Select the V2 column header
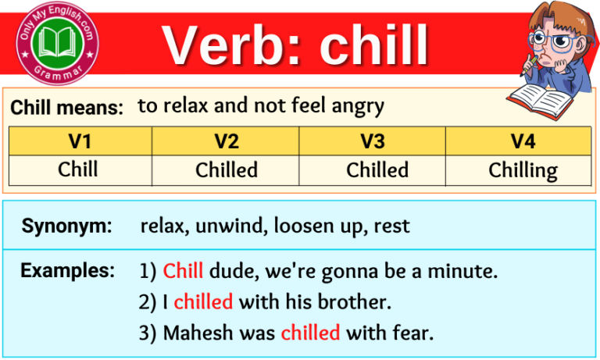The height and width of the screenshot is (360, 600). (226, 141)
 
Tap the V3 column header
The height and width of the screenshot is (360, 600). (373, 141)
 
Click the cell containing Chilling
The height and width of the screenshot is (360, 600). (523, 170)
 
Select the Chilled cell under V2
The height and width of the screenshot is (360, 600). (226, 169)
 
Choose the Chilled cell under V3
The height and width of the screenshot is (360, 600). (377, 169)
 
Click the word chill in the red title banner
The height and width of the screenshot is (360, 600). (374, 45)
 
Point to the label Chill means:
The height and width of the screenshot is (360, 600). (67, 109)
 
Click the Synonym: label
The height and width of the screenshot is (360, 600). (66, 227)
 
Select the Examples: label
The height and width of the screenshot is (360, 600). (66, 271)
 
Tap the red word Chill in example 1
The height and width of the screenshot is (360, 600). (183, 272)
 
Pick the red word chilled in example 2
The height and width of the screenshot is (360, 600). (203, 301)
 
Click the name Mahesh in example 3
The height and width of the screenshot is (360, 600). (193, 332)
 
